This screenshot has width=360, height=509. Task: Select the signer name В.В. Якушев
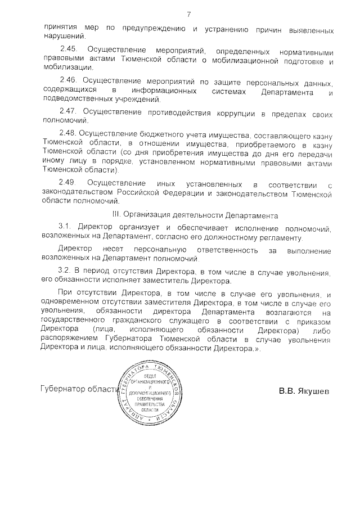pyautogui.click(x=304, y=390)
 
